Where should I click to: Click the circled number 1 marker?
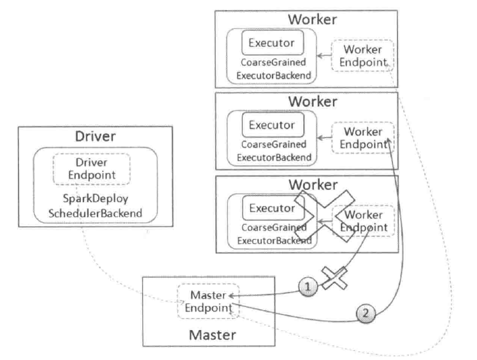[x=308, y=288]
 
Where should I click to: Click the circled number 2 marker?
[x=364, y=313]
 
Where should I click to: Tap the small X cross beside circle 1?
[x=332, y=280]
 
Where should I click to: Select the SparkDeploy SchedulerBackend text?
[x=96, y=205]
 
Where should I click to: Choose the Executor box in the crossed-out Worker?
[x=272, y=208]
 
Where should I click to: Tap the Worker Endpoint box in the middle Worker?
[x=362, y=138]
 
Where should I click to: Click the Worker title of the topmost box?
[x=312, y=19]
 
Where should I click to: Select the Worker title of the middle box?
[x=312, y=101]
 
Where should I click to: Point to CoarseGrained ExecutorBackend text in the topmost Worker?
[x=274, y=69]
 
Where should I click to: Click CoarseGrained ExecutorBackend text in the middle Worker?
[x=274, y=150]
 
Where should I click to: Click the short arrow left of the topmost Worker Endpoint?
[x=324, y=57]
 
